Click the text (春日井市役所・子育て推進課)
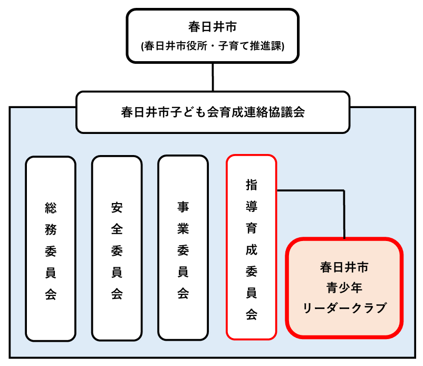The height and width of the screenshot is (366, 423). [x=213, y=46]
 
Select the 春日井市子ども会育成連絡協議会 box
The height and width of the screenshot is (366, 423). [x=213, y=112]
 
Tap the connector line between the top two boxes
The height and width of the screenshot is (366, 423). [x=213, y=77]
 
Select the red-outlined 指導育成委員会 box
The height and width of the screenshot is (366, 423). [x=251, y=247]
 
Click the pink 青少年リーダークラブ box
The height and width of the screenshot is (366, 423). [x=344, y=287]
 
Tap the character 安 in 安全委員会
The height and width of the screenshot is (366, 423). [x=117, y=207]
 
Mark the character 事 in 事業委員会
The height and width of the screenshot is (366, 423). [x=183, y=207]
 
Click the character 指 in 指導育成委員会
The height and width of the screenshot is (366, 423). [x=251, y=185]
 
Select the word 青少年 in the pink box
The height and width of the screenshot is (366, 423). [x=344, y=288]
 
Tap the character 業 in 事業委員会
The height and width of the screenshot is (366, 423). [x=183, y=229]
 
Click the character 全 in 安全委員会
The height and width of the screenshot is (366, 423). [x=117, y=229]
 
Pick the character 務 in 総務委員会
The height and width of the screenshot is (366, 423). [x=51, y=230]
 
